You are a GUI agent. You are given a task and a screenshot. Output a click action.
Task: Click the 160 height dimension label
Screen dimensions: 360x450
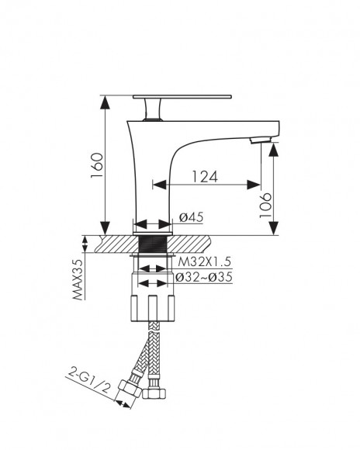click(97, 165)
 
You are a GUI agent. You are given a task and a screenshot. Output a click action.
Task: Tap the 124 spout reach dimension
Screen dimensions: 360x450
click(205, 176)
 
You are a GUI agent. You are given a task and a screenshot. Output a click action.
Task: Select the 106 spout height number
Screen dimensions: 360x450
click(265, 206)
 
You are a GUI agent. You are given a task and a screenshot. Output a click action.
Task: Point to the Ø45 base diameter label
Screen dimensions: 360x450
click(192, 217)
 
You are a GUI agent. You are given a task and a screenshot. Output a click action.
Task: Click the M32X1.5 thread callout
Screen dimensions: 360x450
click(204, 261)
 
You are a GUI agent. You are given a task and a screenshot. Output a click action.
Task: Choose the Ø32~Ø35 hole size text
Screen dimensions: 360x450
click(204, 277)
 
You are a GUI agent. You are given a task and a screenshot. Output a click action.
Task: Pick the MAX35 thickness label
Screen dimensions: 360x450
click(78, 279)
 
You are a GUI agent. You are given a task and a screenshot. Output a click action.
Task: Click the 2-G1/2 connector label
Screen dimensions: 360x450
click(89, 381)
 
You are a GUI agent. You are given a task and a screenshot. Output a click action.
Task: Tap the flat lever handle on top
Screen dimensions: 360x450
click(182, 97)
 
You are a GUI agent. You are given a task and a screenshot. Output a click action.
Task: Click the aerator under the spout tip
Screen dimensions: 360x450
click(260, 140)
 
